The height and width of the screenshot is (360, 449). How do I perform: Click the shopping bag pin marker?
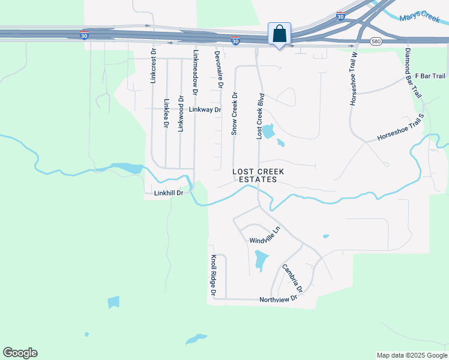279,34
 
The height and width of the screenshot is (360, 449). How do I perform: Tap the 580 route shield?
376,41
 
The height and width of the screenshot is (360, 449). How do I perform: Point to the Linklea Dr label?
166,113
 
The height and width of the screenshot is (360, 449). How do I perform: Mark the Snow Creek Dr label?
235,112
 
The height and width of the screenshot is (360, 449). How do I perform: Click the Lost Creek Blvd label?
261,116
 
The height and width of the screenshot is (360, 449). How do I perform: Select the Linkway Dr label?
205,110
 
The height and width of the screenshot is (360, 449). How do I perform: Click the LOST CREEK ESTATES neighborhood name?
258,175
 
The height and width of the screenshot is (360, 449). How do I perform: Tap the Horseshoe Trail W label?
354,78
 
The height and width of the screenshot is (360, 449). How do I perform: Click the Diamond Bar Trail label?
414,74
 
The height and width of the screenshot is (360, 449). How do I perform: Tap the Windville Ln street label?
265,235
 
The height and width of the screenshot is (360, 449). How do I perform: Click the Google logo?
20,353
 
